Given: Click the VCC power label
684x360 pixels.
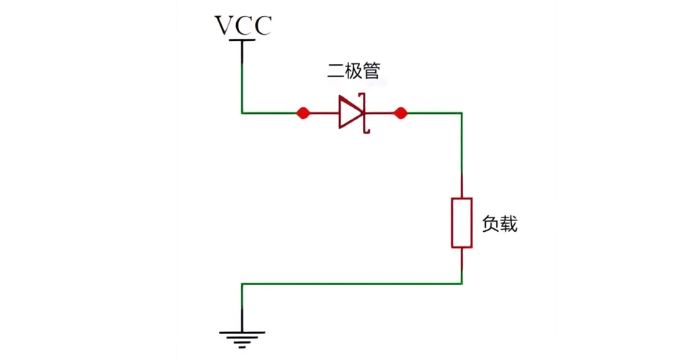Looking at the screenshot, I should click(x=243, y=25).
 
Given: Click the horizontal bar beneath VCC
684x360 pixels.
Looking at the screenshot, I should click(x=243, y=41).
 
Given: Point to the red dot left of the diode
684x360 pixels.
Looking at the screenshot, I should click(x=303, y=113).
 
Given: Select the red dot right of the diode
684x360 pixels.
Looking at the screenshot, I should click(x=401, y=113).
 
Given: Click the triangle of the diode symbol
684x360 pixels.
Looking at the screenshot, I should click(x=351, y=113).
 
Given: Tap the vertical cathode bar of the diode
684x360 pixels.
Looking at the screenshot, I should click(x=365, y=113).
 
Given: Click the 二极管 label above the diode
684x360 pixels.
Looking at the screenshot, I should click(x=354, y=71).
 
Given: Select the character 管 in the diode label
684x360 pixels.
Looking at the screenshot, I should click(x=372, y=71).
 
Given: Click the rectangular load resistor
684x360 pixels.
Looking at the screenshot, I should click(x=462, y=223).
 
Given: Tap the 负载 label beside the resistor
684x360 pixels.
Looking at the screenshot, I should click(x=500, y=224).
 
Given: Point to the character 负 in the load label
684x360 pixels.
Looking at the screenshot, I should click(x=490, y=224).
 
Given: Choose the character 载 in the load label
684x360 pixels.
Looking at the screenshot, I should click(x=509, y=224).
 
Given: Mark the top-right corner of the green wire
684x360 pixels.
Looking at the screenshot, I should click(x=462, y=113).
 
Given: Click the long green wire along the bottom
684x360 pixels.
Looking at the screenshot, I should click(x=353, y=284).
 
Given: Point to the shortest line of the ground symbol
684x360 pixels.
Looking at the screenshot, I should click(x=243, y=346).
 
